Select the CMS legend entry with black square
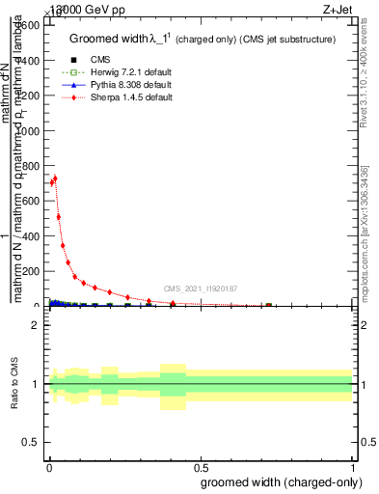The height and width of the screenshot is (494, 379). click(x=85, y=60)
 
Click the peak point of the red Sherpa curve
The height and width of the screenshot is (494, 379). click(x=55, y=178)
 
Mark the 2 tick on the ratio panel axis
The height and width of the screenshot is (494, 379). click(x=35, y=325)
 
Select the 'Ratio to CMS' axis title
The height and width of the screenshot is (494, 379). click(x=14, y=384)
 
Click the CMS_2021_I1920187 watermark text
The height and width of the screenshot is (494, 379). click(x=201, y=288)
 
